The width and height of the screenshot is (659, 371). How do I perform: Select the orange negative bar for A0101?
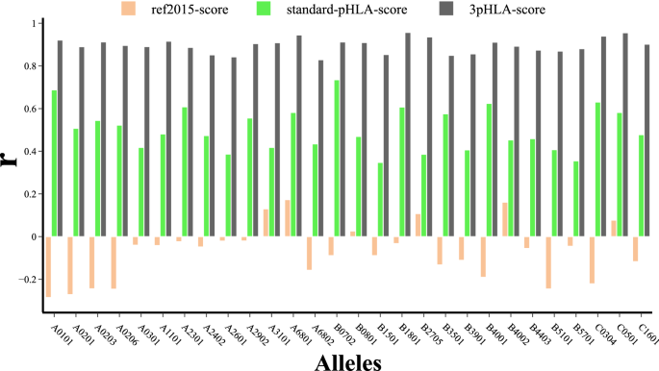point(48,266)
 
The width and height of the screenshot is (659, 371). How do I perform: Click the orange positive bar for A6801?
point(287,218)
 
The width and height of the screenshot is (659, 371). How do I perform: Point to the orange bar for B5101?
point(549,261)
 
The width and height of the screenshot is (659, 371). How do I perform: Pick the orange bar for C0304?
point(593,260)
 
